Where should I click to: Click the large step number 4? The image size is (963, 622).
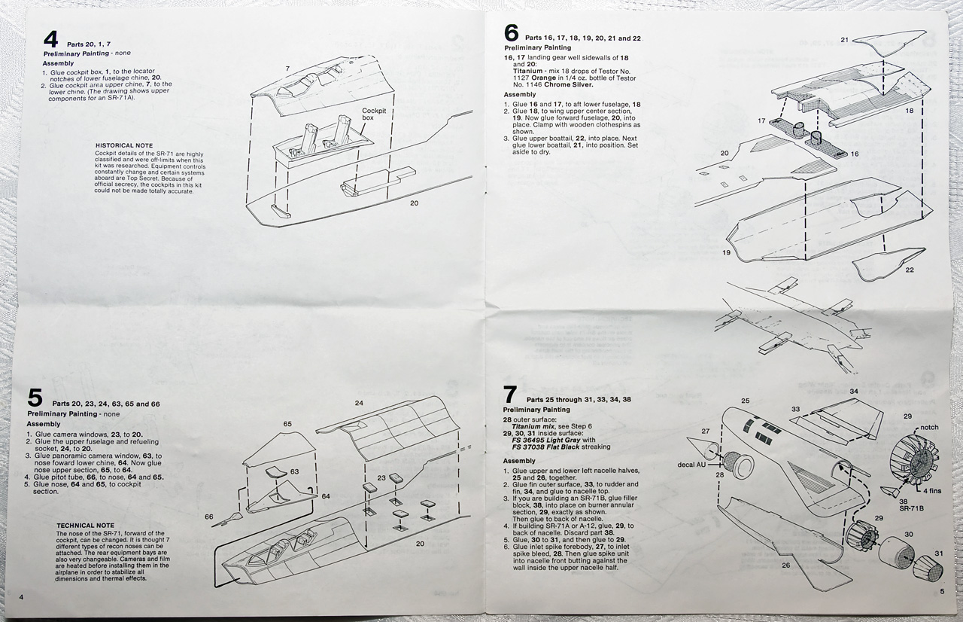[x=50, y=40]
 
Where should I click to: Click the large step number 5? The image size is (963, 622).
[x=35, y=398]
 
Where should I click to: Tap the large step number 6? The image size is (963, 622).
[x=511, y=33]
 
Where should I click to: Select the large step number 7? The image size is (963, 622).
[x=510, y=394]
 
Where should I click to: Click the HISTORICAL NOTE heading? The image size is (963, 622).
[x=124, y=145]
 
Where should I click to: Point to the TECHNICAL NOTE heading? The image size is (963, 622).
[x=86, y=525]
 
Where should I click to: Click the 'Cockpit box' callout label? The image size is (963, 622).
[x=373, y=114]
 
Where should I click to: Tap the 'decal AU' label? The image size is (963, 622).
[x=691, y=465]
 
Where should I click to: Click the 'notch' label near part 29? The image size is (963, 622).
[x=929, y=428]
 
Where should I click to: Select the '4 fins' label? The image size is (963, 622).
[x=930, y=491]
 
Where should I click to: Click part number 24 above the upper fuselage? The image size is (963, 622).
[x=359, y=403]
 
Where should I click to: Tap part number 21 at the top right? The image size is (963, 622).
[x=844, y=39]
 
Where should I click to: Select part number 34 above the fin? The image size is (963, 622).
[x=854, y=392]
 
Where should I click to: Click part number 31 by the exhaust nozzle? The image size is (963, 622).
[x=938, y=553]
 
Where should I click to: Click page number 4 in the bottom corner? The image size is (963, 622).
[x=21, y=597]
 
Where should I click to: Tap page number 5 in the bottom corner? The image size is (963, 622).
[x=941, y=592]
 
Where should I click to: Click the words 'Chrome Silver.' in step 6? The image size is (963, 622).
[x=569, y=85]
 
